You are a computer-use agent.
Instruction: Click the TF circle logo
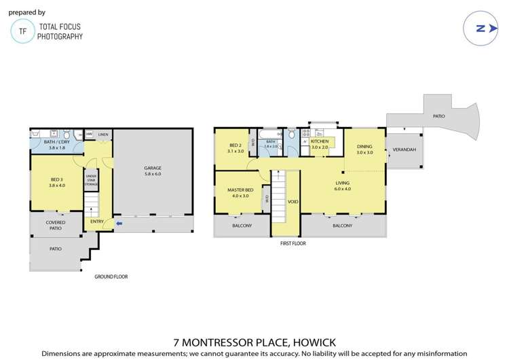[x=23, y=31]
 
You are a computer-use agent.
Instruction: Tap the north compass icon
[x=480, y=28]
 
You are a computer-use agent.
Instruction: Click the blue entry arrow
[x=119, y=221]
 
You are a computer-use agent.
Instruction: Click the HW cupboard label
[x=88, y=134]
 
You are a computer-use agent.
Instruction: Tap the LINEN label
[x=102, y=134]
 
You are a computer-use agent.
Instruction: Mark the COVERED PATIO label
[x=56, y=226]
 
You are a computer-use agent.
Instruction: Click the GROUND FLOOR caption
[x=111, y=276]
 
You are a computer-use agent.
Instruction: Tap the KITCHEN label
[x=319, y=141]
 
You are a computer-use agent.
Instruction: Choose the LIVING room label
[x=343, y=183]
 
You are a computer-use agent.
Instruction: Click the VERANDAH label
[x=404, y=149]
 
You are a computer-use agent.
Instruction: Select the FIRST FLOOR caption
[x=293, y=242]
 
